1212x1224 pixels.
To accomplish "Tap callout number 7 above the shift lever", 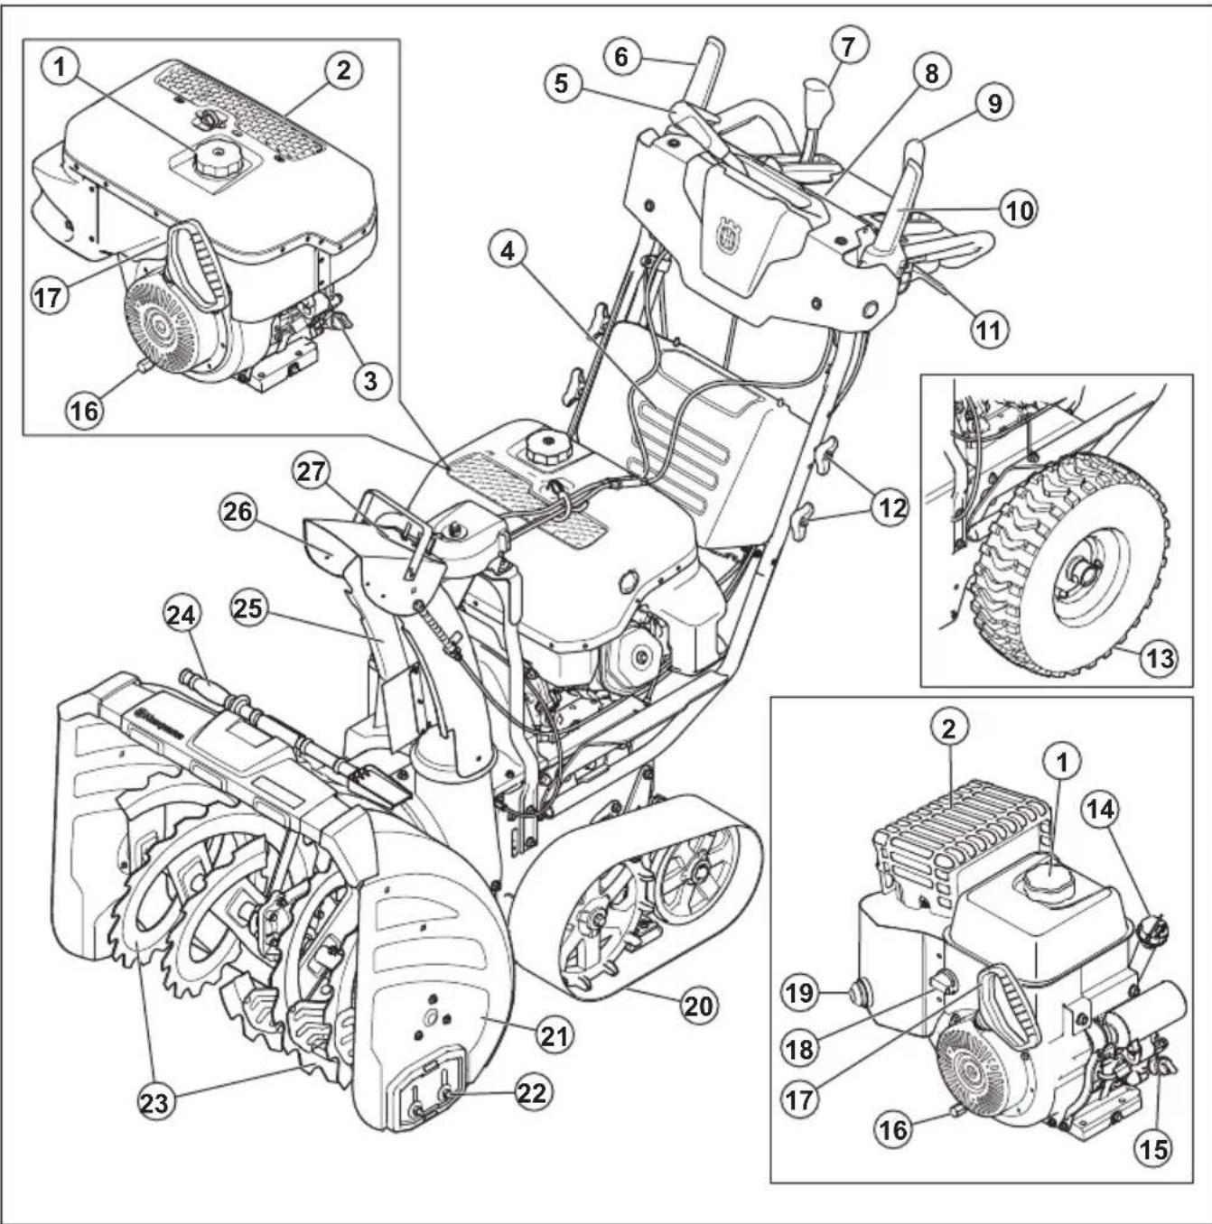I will click(x=848, y=45).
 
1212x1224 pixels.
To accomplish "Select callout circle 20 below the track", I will click(x=698, y=1005).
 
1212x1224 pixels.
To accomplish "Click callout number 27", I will click(x=312, y=473).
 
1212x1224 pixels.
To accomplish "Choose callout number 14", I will click(x=1100, y=810).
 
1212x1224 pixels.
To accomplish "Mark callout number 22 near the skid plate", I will click(x=533, y=1092).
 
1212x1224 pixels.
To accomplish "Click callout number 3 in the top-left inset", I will click(x=370, y=380).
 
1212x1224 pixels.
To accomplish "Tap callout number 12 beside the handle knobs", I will click(x=891, y=508).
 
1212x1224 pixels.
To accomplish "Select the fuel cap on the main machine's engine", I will click(x=545, y=447).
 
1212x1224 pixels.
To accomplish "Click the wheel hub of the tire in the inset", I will click(x=1083, y=573).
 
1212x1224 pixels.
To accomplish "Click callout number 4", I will click(x=509, y=251).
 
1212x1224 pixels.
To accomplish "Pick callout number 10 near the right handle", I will click(x=1019, y=210).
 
